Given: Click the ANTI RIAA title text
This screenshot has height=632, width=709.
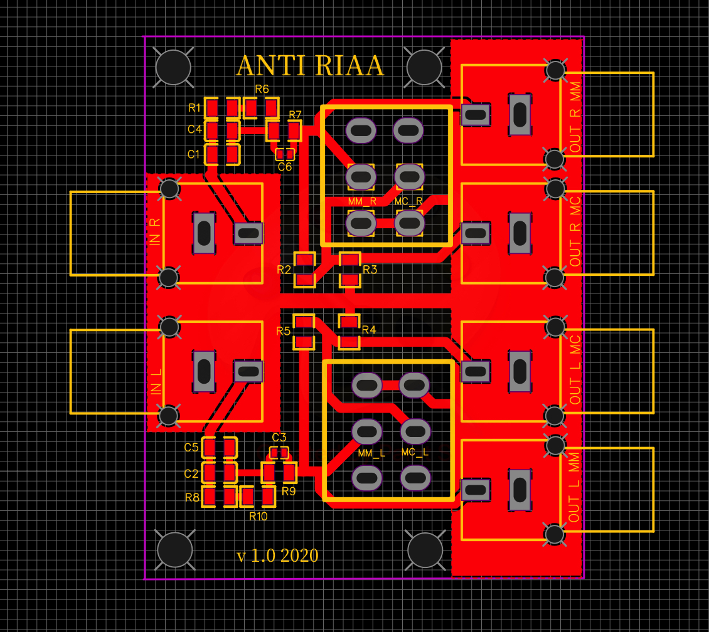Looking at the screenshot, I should click(310, 66).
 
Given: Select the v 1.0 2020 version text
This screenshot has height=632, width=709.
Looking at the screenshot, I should click(277, 556).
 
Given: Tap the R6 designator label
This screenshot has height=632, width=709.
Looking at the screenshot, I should click(262, 89).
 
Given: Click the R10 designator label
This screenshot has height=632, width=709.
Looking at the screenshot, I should click(258, 517).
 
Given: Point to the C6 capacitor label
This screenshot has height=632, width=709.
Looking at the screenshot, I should click(285, 167).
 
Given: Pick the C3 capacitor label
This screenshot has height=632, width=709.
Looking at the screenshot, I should click(279, 437).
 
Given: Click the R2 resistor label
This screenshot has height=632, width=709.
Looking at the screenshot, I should click(284, 270).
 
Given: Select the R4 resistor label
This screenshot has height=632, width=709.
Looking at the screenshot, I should click(368, 330).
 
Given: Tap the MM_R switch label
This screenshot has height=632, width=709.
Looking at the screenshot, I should click(362, 202).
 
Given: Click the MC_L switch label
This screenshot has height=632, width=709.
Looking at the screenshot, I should click(415, 452).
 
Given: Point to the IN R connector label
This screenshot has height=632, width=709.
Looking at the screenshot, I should click(156, 231).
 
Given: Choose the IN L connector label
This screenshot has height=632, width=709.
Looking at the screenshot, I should click(156, 381).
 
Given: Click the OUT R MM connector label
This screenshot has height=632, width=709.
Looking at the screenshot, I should click(575, 119).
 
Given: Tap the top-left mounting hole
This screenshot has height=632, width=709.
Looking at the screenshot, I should click(173, 67).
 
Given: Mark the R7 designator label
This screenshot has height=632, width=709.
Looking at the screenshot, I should click(295, 115).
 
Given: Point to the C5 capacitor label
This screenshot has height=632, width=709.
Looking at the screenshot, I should click(191, 448).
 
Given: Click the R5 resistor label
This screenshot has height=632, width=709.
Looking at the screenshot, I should click(283, 331).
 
